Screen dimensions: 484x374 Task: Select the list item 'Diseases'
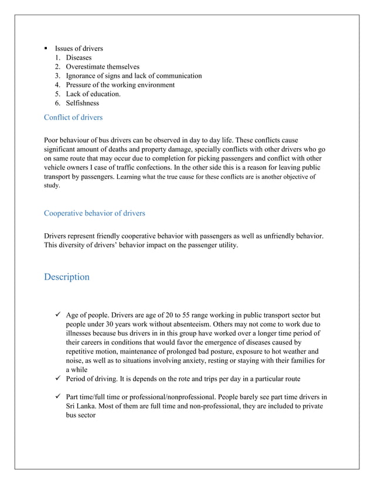tap(79, 58)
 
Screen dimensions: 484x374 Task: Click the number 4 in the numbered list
tap(58, 85)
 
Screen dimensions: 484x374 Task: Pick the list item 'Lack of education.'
tap(93, 94)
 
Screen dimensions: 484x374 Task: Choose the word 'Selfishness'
tap(82, 103)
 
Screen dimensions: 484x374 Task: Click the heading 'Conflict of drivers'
tap(73, 118)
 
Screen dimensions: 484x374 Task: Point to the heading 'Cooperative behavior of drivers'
tap(94, 213)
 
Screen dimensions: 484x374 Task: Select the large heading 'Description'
tap(67, 277)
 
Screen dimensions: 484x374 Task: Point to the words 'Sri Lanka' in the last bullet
tap(82, 407)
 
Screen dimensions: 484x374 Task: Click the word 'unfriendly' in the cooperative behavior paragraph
tap(271, 236)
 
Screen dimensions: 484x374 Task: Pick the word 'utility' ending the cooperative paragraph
tap(227, 246)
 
